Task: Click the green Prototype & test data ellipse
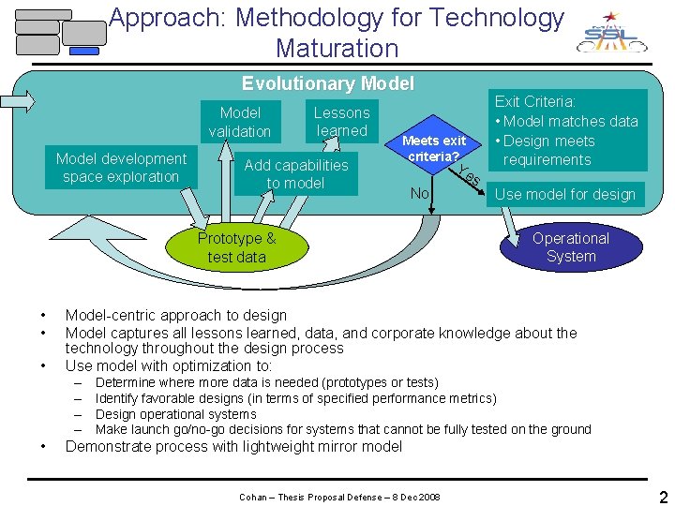tap(236, 247)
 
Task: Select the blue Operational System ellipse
tap(570, 247)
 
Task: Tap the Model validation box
tap(239, 122)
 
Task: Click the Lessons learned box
tap(341, 122)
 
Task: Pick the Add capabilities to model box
tap(295, 174)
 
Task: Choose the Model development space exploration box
tap(120, 168)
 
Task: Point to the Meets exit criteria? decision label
tap(433, 148)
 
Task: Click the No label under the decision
tap(421, 194)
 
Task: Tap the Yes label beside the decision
tap(471, 174)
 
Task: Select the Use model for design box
tap(564, 195)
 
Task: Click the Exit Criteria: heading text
tap(535, 101)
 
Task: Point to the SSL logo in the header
tap(610, 36)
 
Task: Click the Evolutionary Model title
tap(327, 83)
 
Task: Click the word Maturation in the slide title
tap(337, 48)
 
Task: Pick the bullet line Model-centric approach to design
tap(175, 316)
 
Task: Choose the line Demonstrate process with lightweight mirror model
tap(233, 447)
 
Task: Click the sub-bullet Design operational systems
tap(176, 414)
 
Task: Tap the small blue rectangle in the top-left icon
tap(84, 52)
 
